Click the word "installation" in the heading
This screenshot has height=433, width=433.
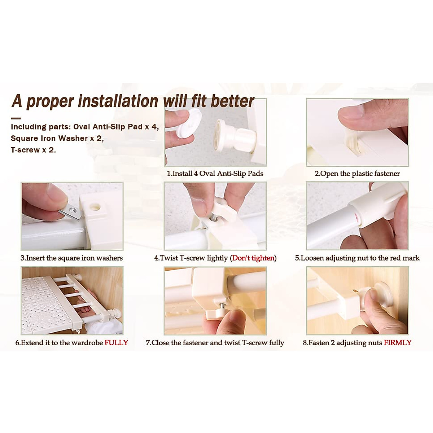[x=118, y=101]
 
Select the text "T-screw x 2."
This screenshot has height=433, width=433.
[x=33, y=150]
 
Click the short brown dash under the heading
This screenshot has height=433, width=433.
[x=16, y=118]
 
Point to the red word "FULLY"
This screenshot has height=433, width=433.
[x=116, y=342]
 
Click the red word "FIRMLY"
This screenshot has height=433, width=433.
[x=398, y=342]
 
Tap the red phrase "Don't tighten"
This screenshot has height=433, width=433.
[x=253, y=258]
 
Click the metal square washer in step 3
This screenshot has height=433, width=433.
[x=71, y=213]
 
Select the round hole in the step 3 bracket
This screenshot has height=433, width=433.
[x=95, y=207]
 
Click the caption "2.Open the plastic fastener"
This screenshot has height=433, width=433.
[x=357, y=174]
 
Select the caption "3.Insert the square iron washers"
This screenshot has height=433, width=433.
[x=72, y=258]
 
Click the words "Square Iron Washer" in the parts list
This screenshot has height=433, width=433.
[x=49, y=138]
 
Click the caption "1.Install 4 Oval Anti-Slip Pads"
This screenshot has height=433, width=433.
[x=215, y=174]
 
